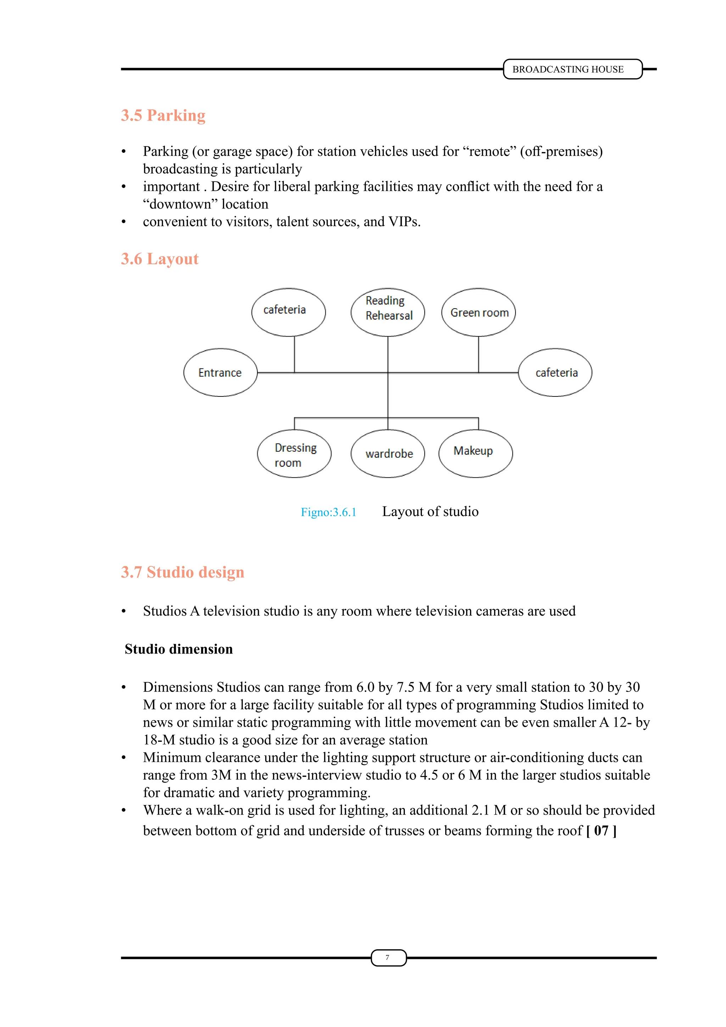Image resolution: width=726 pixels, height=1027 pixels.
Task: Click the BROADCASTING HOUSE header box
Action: pos(572,70)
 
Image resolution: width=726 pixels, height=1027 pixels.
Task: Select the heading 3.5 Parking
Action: pos(163,115)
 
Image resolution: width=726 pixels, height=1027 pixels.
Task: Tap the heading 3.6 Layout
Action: pos(160,259)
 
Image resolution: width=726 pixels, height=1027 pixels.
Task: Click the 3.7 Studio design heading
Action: pos(183,572)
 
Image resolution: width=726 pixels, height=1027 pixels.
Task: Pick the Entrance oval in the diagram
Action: pos(220,373)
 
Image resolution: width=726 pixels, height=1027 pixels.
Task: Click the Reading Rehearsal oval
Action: pos(387,312)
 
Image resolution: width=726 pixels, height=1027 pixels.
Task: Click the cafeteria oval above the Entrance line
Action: pos(288,312)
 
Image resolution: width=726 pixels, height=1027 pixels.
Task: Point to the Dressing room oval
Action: pos(294,454)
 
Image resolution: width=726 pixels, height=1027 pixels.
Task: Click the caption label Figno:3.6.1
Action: pos(329,512)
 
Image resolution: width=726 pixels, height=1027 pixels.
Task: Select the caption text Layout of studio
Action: pos(430,511)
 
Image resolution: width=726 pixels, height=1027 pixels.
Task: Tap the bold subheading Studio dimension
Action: pos(179,649)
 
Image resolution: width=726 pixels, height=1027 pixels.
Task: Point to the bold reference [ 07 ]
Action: pos(601,831)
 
